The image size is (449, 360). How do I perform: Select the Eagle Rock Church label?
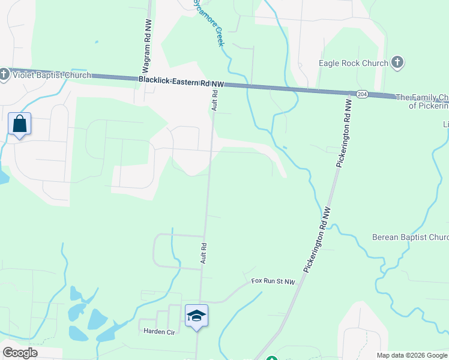pyautogui.click(x=354, y=62)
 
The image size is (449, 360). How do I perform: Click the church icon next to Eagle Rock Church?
pyautogui.click(x=396, y=62)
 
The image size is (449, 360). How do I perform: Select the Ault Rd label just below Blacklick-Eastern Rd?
pyautogui.click(x=214, y=100)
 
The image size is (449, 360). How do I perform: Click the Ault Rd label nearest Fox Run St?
pyautogui.click(x=204, y=253)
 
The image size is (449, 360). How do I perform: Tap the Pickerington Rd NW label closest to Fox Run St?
pyautogui.click(x=317, y=241)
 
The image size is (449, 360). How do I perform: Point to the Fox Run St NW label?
pyautogui.click(x=274, y=281)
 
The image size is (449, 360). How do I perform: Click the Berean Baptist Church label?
pyautogui.click(x=410, y=237)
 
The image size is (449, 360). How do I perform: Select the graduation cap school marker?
pyautogui.click(x=196, y=316)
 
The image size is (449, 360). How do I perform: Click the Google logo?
pyautogui.click(x=20, y=353)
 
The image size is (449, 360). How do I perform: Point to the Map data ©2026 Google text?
pyautogui.click(x=412, y=355)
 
